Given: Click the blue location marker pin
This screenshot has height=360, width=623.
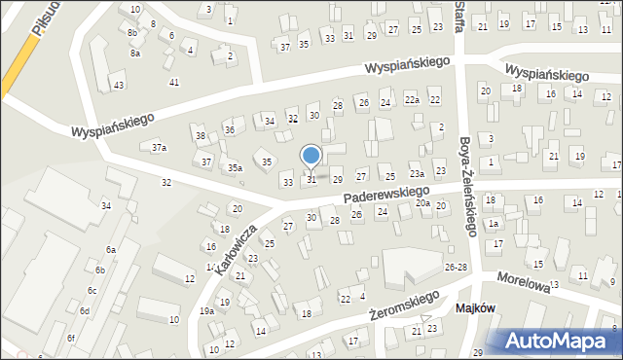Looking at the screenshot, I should (311, 156).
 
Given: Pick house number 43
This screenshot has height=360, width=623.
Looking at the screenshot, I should (119, 86).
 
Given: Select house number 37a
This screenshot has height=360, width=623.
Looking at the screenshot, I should (159, 148).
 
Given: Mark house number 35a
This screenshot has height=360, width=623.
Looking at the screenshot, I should (235, 168).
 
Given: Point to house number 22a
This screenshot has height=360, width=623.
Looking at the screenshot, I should (412, 100).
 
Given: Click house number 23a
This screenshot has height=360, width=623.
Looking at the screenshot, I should (417, 173).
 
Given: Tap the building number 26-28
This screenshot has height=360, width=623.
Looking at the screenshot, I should (456, 267).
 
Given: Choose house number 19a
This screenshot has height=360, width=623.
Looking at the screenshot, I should (206, 310).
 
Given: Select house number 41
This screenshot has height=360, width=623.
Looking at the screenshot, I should (174, 82).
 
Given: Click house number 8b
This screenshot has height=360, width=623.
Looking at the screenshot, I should (132, 32).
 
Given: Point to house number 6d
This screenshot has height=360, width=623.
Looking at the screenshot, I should (85, 311).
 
